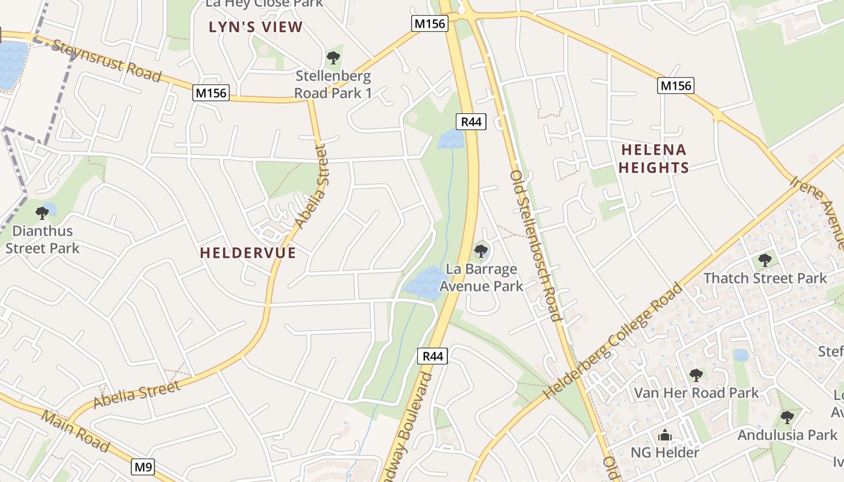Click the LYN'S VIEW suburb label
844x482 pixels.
[x=256, y=27]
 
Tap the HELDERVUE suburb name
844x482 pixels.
[x=248, y=252]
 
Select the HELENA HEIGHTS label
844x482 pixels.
[x=653, y=158]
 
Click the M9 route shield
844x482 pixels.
[x=143, y=466]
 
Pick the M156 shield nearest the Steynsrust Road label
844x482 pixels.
[x=211, y=93]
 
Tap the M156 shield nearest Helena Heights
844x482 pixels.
[x=675, y=86]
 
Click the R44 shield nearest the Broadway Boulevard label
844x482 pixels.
[x=433, y=356]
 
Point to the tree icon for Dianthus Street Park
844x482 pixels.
[x=42, y=213]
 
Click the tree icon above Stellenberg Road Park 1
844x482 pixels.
[x=333, y=58]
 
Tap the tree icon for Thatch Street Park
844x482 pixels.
[x=765, y=260]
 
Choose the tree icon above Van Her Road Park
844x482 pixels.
[x=696, y=375]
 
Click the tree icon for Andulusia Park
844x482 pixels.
[x=787, y=417]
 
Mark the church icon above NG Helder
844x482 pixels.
[x=665, y=435]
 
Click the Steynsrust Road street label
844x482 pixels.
[x=107, y=60]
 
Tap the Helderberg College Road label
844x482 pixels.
[x=613, y=340]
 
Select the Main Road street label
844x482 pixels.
[x=76, y=431]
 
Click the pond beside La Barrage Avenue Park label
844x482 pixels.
[x=426, y=281]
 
